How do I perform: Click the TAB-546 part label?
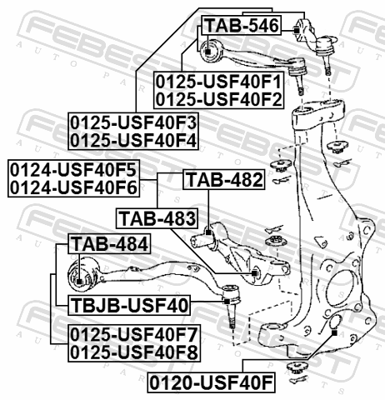click(242, 26)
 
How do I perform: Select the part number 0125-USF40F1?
click(218, 82)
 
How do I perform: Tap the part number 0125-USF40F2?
click(218, 99)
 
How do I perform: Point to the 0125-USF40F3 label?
click(133, 122)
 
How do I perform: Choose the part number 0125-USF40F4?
click(133, 141)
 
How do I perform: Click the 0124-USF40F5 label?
click(73, 170)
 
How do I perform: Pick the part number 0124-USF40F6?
click(73, 187)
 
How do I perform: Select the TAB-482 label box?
click(224, 180)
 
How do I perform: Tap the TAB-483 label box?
click(157, 218)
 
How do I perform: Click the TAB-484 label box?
click(109, 244)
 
